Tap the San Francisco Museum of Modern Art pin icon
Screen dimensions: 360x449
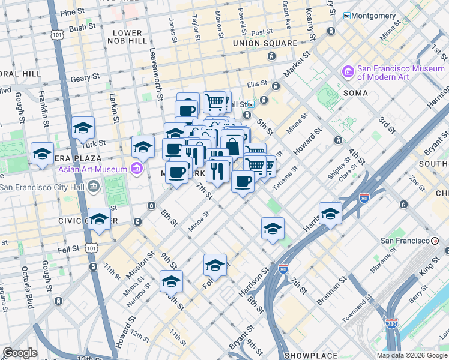[348, 72]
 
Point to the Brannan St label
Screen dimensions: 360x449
[332, 290]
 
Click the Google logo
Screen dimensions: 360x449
[20, 353]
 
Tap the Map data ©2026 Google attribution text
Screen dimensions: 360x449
[412, 355]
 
